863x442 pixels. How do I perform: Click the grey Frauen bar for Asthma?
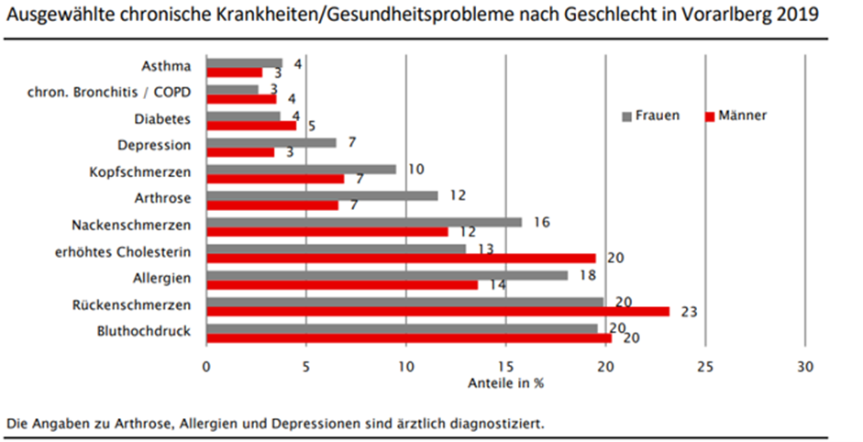(244, 64)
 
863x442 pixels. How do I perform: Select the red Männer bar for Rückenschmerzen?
(437, 312)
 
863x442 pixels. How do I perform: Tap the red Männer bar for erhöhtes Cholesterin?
(401, 259)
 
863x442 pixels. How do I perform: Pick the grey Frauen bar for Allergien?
(386, 275)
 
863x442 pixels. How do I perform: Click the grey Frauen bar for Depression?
(271, 143)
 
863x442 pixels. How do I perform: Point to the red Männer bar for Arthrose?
(272, 204)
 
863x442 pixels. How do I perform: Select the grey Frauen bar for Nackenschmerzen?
(363, 222)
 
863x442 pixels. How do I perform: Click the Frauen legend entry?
(650, 116)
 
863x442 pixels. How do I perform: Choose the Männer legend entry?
(736, 116)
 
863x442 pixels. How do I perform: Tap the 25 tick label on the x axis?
(704, 367)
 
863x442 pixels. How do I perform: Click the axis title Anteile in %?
(505, 383)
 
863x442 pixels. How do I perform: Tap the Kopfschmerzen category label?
(140, 172)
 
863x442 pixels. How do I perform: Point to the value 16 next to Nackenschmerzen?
(541, 222)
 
